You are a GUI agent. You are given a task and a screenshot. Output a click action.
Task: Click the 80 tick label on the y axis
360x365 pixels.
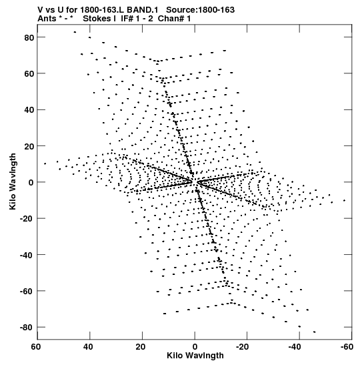tap(29, 37)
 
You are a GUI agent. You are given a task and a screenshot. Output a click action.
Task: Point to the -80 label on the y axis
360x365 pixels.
tap(27, 328)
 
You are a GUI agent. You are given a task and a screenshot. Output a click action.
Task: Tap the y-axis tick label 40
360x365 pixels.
tap(29, 110)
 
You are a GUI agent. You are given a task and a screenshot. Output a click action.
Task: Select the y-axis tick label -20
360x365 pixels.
tap(27, 219)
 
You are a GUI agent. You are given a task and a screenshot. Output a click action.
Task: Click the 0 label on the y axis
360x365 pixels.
tap(31, 183)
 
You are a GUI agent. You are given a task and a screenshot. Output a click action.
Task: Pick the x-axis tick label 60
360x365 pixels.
tap(36, 347)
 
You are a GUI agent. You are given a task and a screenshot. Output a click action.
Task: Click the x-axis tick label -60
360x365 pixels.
tap(347, 347)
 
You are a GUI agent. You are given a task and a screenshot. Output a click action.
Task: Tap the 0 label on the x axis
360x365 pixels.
tap(195, 347)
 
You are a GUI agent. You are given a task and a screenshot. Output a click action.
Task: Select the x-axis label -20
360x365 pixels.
tap(242, 347)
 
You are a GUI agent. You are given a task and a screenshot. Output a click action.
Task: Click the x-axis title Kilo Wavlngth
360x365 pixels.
tap(195, 356)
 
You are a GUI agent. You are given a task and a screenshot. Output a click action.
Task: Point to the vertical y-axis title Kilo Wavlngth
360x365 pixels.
tap(13, 181)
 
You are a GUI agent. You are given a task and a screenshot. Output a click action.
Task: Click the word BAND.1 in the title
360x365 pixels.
tap(142, 10)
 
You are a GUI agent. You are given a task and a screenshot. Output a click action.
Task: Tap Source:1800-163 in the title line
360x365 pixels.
tap(200, 10)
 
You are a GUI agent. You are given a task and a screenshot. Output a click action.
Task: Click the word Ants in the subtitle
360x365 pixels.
tap(47, 19)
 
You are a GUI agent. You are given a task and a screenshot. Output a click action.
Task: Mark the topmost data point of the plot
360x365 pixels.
tap(75, 32)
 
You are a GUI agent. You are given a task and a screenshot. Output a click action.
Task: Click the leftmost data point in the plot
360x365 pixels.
tap(45, 163)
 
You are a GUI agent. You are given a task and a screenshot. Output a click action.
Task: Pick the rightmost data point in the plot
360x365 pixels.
tap(344, 200)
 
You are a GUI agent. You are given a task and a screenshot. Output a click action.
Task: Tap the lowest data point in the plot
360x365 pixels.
tap(315, 332)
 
